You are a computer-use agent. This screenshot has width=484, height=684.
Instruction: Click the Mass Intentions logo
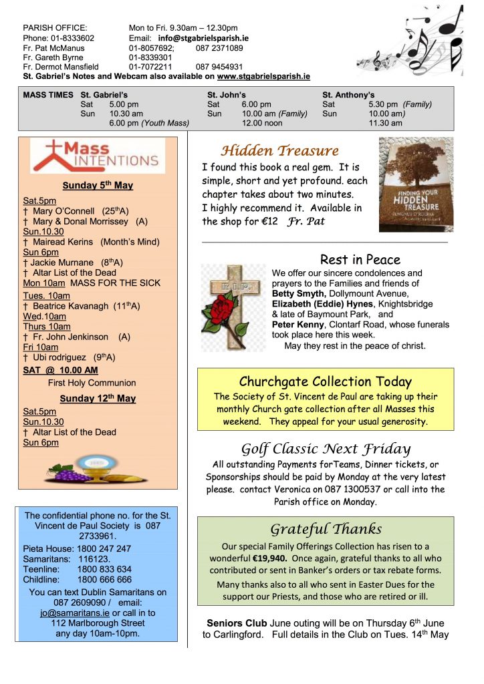coord(97,156)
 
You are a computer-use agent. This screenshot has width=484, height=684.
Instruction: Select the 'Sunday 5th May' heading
coord(98,185)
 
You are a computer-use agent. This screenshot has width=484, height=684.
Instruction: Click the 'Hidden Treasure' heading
coord(280,151)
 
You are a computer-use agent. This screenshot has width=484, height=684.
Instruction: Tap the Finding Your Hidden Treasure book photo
coord(416,184)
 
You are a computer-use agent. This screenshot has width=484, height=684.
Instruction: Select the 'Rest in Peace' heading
coord(360,260)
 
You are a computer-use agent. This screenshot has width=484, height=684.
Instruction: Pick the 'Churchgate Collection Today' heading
coord(325,381)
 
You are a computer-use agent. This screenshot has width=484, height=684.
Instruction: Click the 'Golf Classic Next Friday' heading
coord(326,448)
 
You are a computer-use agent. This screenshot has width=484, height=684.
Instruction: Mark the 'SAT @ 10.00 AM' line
coord(60,370)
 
